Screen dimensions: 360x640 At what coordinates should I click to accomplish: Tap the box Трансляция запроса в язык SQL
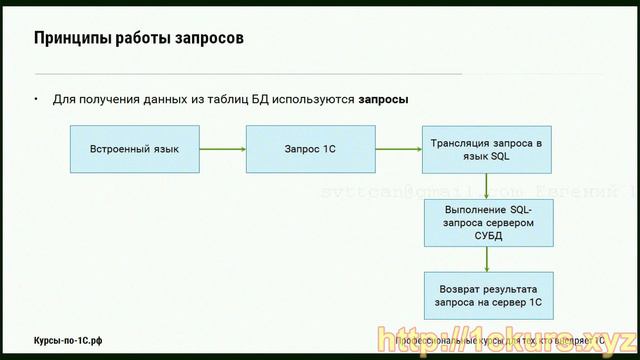[486, 149]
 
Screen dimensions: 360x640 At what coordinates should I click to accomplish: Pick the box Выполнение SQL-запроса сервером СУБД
[486, 222]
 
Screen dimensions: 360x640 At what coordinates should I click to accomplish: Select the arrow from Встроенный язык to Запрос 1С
[222, 149]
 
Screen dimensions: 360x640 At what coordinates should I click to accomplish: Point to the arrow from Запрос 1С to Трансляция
[397, 149]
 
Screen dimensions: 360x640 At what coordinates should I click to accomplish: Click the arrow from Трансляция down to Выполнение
[486, 186]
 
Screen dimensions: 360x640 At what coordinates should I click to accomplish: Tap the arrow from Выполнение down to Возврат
[486, 258]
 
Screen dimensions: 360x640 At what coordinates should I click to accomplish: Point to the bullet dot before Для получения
[36, 100]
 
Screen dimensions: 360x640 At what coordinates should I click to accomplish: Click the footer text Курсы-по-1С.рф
[68, 341]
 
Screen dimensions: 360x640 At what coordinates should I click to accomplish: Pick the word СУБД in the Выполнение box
[486, 237]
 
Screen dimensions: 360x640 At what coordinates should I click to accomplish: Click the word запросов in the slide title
[208, 39]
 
